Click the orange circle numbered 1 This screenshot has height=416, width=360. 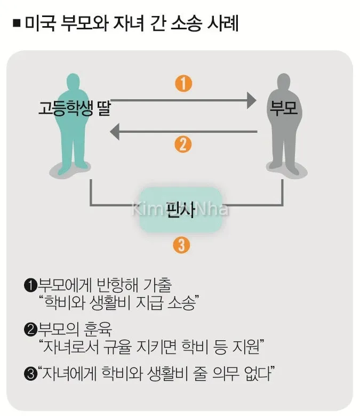tap(183, 84)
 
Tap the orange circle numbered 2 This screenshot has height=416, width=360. tap(183, 144)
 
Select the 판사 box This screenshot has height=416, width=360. tap(180, 208)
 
